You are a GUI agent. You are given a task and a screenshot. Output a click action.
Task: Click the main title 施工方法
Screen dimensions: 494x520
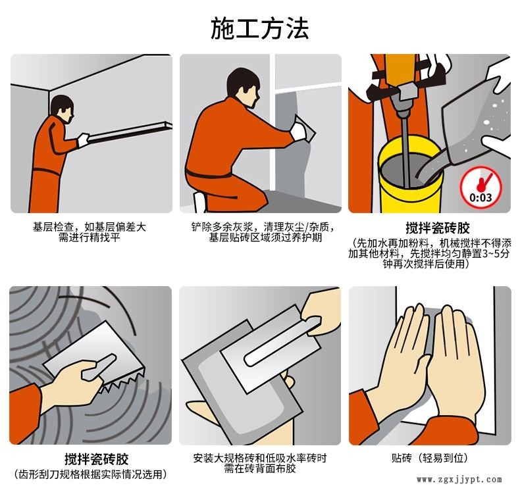[259, 28]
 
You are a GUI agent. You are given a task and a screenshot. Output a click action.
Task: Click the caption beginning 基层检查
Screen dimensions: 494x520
[90, 232]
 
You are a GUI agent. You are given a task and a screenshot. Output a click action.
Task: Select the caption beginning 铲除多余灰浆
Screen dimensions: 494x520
[261, 232]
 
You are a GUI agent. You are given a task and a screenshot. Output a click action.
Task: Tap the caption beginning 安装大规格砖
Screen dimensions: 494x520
[260, 463]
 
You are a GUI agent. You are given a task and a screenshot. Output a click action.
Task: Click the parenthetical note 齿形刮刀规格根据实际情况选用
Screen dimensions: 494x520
[90, 474]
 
